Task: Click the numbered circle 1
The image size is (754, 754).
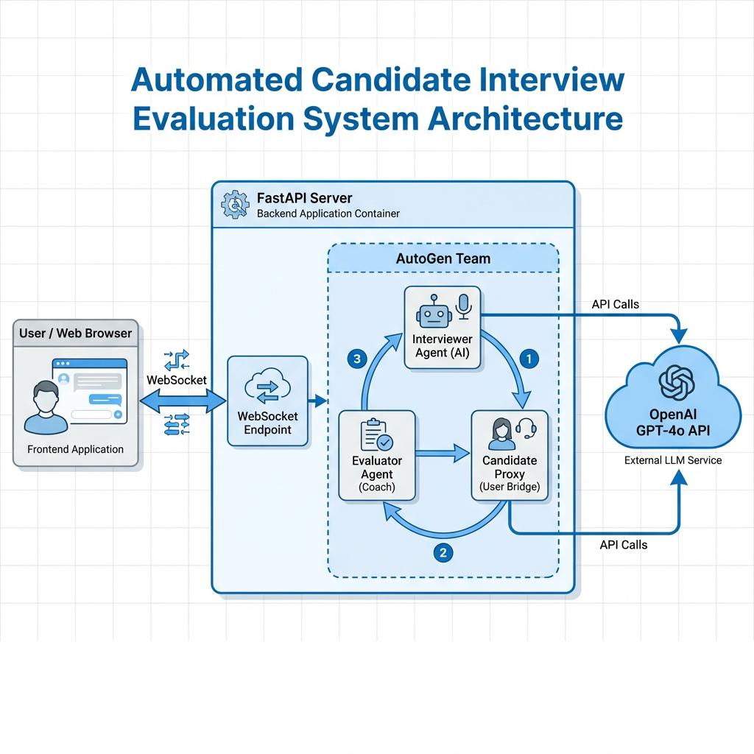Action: pos(529,359)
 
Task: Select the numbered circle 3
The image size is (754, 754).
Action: pos(356,359)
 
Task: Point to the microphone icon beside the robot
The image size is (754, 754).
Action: pos(463,307)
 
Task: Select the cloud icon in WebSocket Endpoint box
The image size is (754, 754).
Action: pos(267,388)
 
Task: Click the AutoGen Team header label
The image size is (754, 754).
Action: pos(443,258)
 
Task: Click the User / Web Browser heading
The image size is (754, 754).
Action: pos(75,333)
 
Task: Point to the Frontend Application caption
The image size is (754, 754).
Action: pos(75,449)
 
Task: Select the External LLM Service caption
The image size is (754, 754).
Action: pos(673,460)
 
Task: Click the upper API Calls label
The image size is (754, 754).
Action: pos(615,304)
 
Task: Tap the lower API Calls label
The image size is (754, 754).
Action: pos(624,544)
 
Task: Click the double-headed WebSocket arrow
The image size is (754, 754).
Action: pos(183,401)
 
